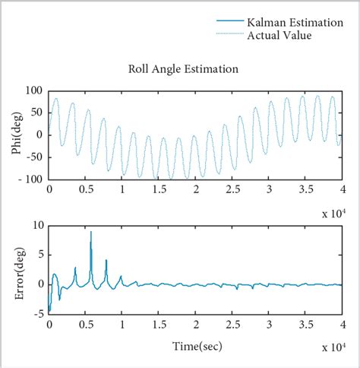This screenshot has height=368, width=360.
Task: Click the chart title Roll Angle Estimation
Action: coord(183,69)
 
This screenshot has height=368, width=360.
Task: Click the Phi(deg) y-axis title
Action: coord(16,135)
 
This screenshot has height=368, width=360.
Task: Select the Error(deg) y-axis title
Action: coord(16,270)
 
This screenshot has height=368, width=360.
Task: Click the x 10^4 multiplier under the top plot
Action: coord(328,213)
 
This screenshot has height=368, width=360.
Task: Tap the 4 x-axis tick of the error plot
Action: coord(342,325)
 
